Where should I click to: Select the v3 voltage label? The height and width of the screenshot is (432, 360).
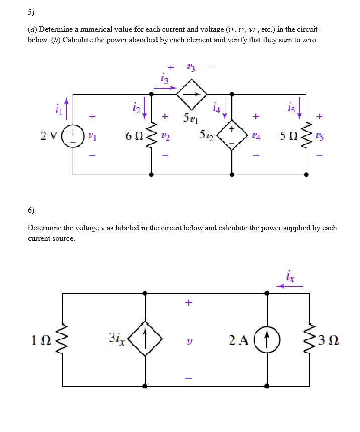(x=190, y=67)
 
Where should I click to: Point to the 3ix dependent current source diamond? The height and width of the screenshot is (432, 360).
(x=145, y=339)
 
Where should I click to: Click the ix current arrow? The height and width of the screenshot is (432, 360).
(x=291, y=286)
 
